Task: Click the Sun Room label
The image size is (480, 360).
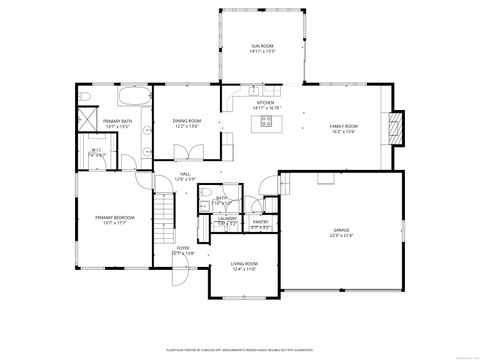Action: coord(261,47)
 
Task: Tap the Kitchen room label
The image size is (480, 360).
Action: coord(265,103)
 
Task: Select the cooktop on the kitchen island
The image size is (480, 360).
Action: coord(266,122)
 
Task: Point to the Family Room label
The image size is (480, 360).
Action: coord(344,126)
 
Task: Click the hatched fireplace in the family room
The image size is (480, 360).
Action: coord(397,126)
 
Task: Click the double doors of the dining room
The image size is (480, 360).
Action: coord(183,153)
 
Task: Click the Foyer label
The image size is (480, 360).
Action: coord(182,250)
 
